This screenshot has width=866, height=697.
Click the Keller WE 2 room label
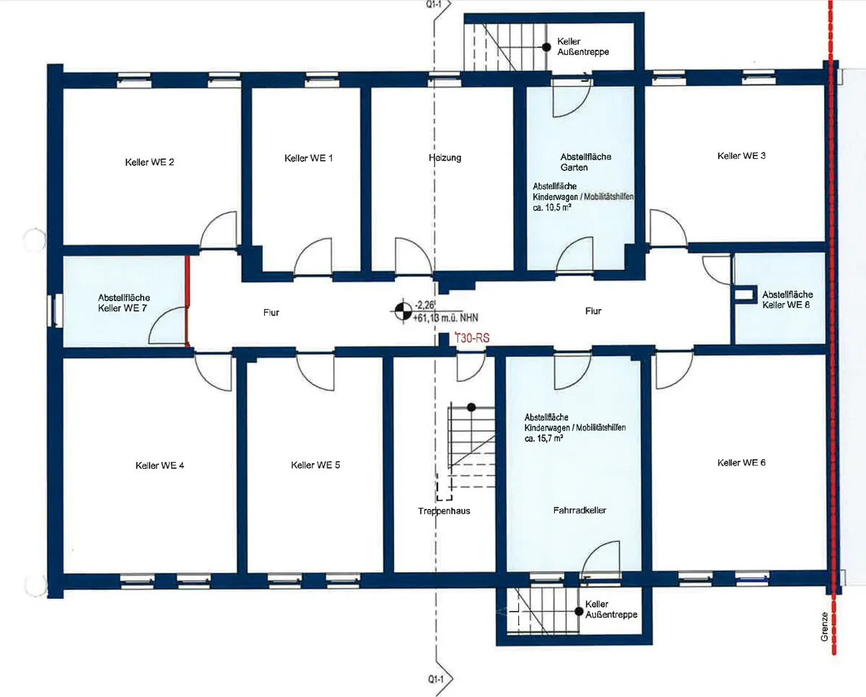pyautogui.click(x=149, y=163)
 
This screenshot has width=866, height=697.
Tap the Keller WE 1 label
pyautogui.click(x=309, y=158)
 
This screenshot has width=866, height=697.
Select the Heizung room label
pyautogui.click(x=445, y=157)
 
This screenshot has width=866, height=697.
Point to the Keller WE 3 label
pyautogui.click(x=741, y=156)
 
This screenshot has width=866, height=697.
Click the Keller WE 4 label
pyautogui.click(x=159, y=466)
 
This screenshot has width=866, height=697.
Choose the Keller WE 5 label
pyautogui.click(x=315, y=465)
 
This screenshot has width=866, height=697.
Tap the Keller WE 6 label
pyautogui.click(x=741, y=463)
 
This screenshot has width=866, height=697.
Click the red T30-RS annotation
pyautogui.click(x=472, y=338)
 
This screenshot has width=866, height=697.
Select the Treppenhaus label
pyautogui.click(x=444, y=511)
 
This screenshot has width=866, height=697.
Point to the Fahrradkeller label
pyautogui.click(x=579, y=511)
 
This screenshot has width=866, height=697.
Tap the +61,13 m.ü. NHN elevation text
pyautogui.click(x=445, y=319)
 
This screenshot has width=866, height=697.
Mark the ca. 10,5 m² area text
pyautogui.click(x=552, y=208)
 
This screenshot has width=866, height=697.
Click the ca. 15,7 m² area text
pyautogui.click(x=543, y=438)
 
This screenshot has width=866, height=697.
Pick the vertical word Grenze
pyautogui.click(x=824, y=627)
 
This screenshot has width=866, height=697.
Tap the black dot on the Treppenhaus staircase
pyautogui.click(x=471, y=407)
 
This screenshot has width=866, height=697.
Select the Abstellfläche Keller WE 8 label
pyautogui.click(x=787, y=300)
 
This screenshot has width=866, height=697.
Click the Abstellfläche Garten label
pyautogui.click(x=585, y=162)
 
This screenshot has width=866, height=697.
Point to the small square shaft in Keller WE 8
pyautogui.click(x=743, y=294)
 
